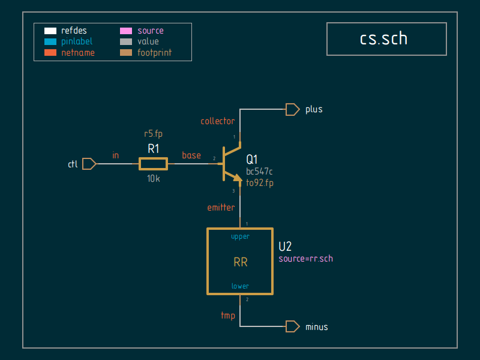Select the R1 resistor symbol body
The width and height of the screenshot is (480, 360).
[153, 163]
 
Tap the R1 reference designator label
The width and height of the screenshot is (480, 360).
[154, 149]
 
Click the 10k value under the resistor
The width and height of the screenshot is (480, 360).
[154, 178]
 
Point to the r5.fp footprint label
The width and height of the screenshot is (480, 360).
[154, 134]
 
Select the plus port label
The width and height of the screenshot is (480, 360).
[314, 109]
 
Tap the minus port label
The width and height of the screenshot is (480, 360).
[317, 327]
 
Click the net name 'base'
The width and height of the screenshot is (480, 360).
[191, 155]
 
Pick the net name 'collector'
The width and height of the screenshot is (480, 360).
[217, 121]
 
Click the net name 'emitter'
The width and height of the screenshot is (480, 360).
[221, 208]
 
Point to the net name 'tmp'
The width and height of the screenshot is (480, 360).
[228, 316]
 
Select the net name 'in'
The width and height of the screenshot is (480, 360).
[116, 155]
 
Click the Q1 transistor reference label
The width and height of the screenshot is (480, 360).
[252, 159]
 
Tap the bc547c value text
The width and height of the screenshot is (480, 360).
[259, 172]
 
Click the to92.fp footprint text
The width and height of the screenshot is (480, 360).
[260, 183]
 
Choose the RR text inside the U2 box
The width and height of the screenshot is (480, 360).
[240, 262]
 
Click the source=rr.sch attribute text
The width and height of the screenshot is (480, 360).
[305, 259]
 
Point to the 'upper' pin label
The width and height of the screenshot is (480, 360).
[240, 236]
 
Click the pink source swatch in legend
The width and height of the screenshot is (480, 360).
[127, 31]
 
